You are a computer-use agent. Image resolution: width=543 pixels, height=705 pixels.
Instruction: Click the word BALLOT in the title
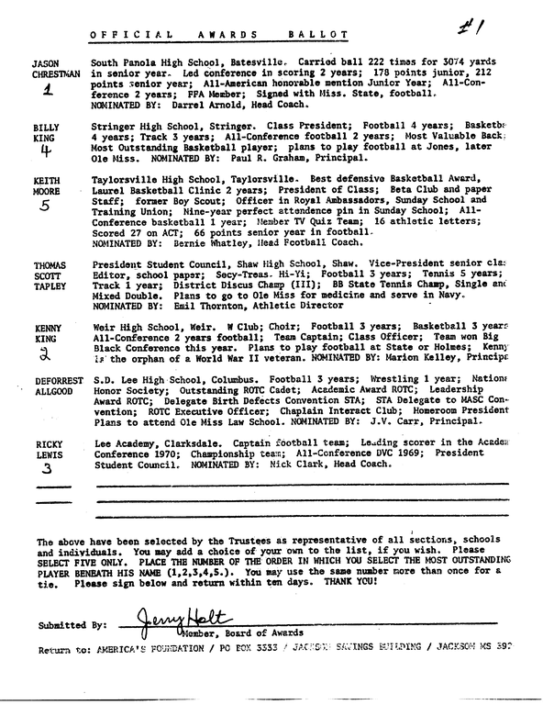click(311, 35)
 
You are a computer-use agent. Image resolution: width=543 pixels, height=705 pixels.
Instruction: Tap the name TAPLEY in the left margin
click(51, 286)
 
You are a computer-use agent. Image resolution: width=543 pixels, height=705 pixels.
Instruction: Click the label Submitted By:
click(69, 625)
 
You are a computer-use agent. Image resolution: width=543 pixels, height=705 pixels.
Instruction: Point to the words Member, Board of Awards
click(205, 632)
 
